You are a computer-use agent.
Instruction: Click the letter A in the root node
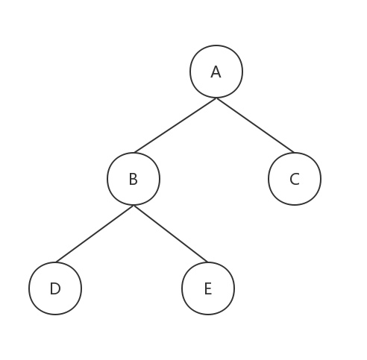216,72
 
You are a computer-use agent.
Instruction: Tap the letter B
134,179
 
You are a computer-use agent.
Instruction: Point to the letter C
295,179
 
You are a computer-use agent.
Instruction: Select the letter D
55,288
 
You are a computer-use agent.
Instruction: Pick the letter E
208,288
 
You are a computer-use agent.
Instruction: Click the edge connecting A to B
175,125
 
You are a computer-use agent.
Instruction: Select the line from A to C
255,125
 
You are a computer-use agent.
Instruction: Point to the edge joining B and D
95,234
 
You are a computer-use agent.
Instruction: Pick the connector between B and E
171,234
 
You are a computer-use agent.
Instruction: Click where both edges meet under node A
216,98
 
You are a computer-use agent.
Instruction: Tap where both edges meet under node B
134,206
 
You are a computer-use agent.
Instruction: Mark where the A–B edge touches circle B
134,153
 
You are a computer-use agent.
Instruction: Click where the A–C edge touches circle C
294,153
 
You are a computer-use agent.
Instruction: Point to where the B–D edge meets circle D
56,262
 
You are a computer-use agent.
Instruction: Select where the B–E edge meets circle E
207,262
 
